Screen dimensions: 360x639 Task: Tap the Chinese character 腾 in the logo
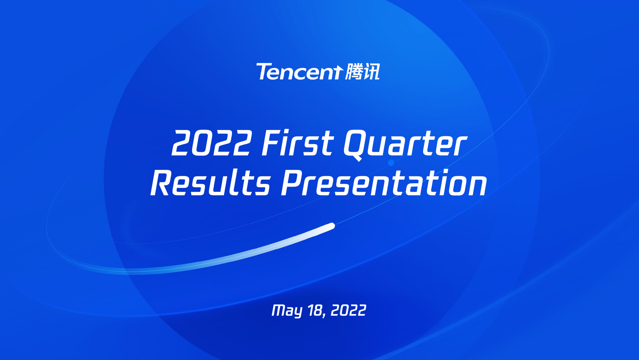point(354,72)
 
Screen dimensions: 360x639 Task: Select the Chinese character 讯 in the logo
point(372,72)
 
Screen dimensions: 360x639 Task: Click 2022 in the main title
point(212,143)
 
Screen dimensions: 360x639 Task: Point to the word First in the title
point(298,143)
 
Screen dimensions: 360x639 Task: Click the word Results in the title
point(210,183)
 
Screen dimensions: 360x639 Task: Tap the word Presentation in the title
point(384,183)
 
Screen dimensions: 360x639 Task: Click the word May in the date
point(287,311)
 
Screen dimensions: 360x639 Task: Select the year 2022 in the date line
point(348,310)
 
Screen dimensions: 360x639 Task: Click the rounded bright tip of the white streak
point(332,226)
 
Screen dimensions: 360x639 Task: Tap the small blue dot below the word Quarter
point(391,163)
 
